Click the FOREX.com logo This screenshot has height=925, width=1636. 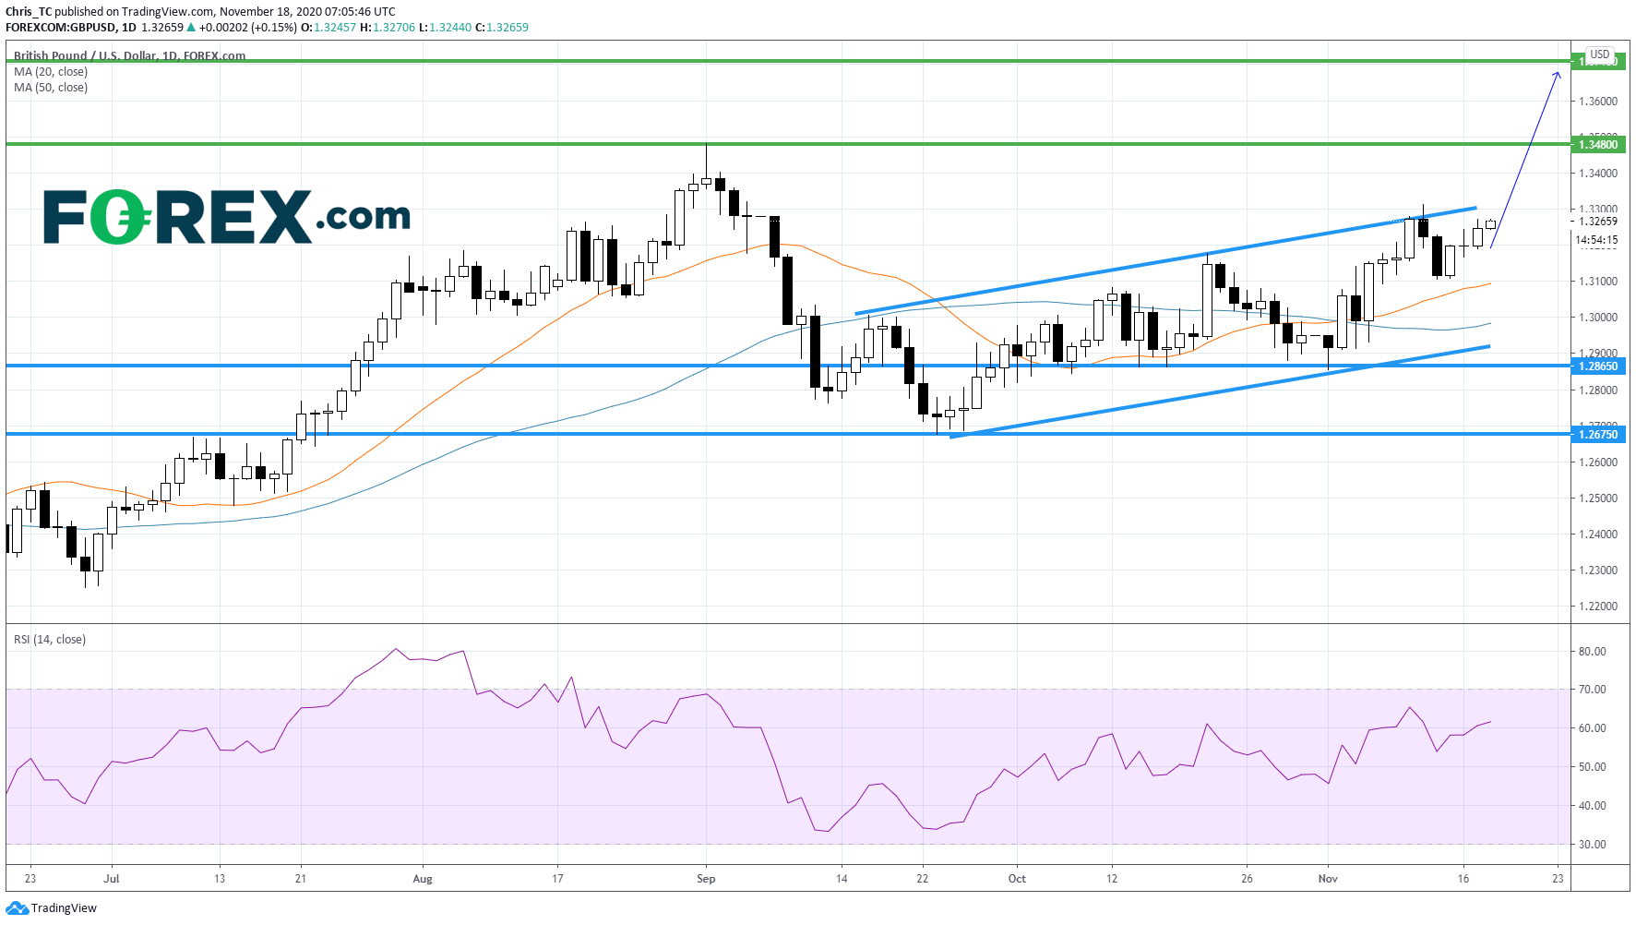[226, 217]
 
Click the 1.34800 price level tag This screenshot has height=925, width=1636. [1598, 145]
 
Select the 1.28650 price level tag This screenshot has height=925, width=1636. [1598, 366]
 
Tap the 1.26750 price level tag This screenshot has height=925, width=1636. [1598, 435]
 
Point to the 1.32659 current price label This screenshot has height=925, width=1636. [1598, 222]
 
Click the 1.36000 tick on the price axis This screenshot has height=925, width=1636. [1598, 102]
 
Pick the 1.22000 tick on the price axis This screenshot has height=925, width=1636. [1598, 607]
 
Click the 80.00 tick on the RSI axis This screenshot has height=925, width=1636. [1592, 652]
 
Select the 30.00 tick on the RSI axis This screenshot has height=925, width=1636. [1592, 845]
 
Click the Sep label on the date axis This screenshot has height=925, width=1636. [706, 879]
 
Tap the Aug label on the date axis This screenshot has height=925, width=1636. [423, 879]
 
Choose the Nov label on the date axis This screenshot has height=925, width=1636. [1328, 879]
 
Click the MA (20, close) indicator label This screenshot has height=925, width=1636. [51, 72]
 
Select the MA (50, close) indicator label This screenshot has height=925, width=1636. [51, 88]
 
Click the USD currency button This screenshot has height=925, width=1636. [1600, 54]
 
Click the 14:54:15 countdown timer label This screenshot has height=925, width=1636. [1596, 240]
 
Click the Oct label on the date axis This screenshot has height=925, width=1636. [1017, 879]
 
